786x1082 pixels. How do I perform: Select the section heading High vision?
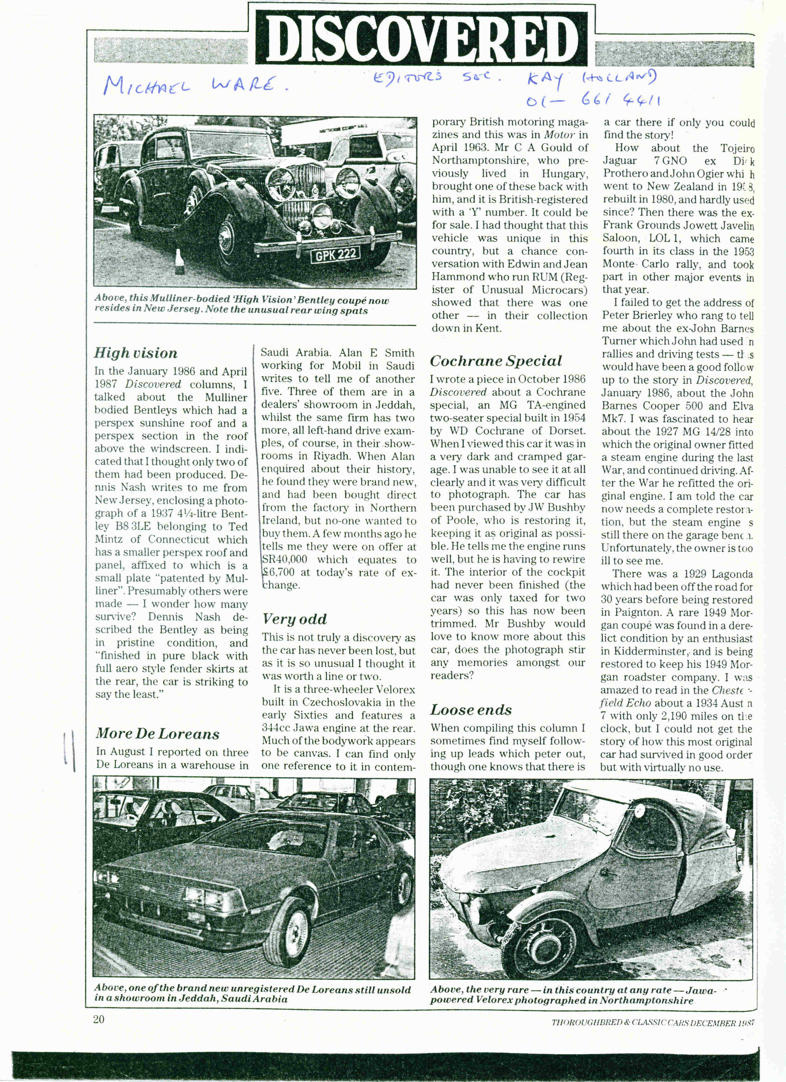coord(136,353)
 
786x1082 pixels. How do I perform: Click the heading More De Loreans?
coord(157,733)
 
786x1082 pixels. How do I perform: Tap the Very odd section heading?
coord(294,619)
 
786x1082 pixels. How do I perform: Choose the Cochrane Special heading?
coord(496,361)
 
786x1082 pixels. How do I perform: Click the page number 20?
coord(99,1020)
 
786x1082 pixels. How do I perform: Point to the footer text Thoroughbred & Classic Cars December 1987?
coord(653,1022)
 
